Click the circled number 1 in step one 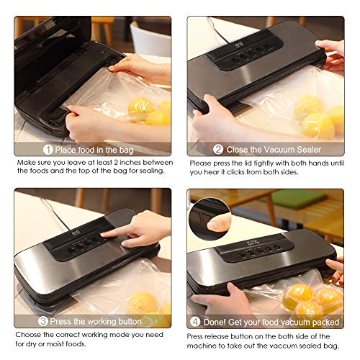click(x=48, y=150)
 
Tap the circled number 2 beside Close click(x=218, y=149)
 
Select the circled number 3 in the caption click(x=43, y=321)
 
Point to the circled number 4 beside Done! click(x=195, y=322)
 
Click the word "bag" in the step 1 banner click(x=126, y=150)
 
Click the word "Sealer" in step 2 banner click(x=309, y=150)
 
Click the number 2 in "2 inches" click(x=116, y=163)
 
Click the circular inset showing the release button click(x=210, y=218)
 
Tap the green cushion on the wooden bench click(x=294, y=199)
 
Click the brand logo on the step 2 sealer click(x=240, y=45)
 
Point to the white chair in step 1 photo click(x=150, y=40)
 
